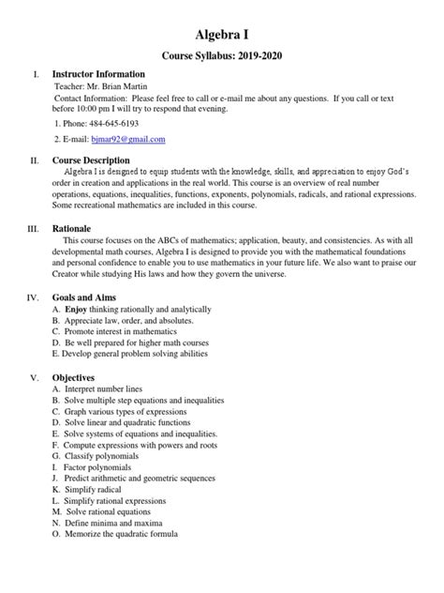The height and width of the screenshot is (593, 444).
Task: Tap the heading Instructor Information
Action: click(x=97, y=74)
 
